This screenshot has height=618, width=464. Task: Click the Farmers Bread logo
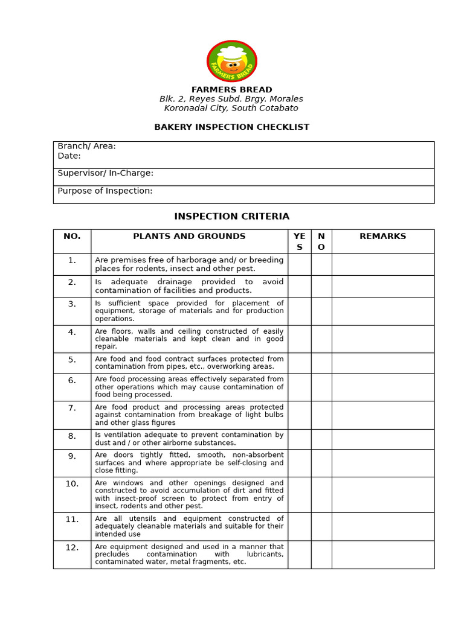231,61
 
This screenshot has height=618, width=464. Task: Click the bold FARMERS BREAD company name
231,90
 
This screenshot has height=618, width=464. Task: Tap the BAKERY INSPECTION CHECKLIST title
231,127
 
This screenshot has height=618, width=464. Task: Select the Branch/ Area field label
86,146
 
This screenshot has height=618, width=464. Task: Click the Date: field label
69,156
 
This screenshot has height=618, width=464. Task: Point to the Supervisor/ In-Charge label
105,173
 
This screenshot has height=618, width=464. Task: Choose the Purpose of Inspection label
105,191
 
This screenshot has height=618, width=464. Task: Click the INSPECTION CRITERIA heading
231,216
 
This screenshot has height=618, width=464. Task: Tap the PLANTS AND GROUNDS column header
189,237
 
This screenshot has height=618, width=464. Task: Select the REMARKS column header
382,237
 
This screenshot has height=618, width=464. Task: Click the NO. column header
72,237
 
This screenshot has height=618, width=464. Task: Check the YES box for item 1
299,264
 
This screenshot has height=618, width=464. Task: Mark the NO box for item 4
321,339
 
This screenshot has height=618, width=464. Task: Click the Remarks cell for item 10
382,494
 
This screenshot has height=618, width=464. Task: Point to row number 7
72,408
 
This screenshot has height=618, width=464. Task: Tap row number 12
72,547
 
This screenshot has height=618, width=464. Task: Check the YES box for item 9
299,463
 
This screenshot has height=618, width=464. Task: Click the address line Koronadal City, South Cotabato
231,109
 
